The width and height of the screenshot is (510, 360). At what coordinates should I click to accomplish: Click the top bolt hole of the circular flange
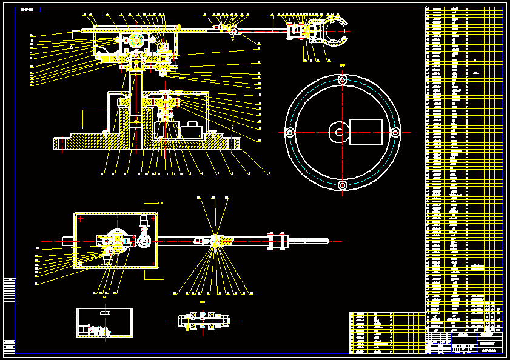pos(343,79)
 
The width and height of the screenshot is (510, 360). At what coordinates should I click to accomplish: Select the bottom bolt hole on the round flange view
pos(343,184)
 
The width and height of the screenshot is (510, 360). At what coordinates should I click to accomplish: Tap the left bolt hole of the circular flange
pos(290,132)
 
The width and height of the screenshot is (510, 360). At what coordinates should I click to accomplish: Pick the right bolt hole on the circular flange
pos(395,132)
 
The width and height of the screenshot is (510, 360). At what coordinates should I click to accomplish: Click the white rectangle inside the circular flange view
pos(366,132)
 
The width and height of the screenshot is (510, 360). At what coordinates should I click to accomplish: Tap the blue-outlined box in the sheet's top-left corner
pos(29,10)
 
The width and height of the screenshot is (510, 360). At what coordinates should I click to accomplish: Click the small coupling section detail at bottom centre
pos(204,321)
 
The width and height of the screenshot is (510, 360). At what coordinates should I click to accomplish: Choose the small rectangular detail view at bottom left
pos(104,322)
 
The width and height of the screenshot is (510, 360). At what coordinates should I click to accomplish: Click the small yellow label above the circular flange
pos(343,64)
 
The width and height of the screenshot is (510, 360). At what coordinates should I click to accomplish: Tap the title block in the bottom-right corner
pos(465,342)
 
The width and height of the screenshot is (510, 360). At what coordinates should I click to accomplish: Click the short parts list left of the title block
pos(371,332)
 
